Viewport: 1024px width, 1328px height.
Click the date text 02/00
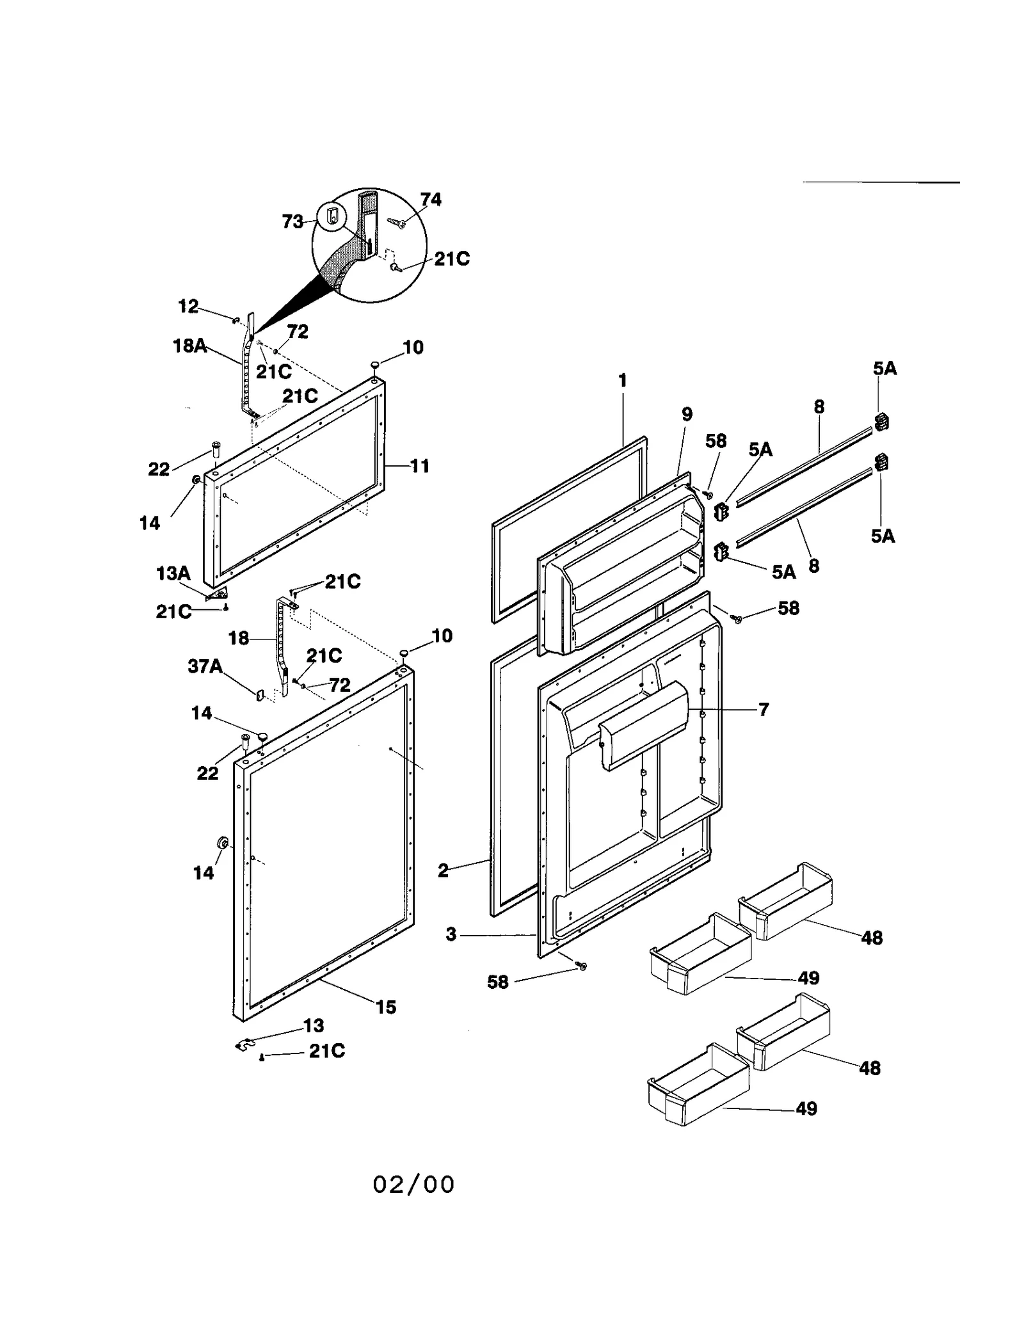413,1184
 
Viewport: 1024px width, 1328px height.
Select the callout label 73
292,221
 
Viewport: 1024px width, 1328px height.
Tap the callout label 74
431,200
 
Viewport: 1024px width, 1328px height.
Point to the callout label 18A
189,346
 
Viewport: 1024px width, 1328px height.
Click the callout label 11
419,466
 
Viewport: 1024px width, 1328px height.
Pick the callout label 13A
173,573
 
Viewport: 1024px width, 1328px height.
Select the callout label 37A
205,666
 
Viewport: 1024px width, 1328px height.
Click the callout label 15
386,1007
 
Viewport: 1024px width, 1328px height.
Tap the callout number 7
763,709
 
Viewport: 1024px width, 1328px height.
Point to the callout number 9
687,414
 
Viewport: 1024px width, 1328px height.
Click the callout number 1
622,381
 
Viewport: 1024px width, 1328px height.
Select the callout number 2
443,870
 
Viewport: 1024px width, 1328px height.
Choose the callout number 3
451,934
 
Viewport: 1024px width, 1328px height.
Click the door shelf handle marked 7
643,723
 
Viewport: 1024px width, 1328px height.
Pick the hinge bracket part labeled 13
241,1045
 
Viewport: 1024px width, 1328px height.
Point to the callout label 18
239,638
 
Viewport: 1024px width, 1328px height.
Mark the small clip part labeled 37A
260,694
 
